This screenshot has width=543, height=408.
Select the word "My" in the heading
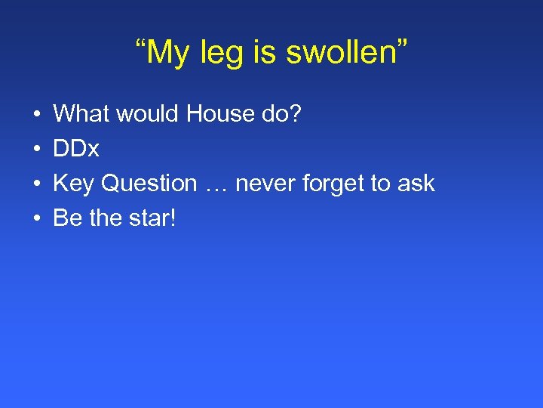click(x=179, y=53)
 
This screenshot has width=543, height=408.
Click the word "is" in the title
click(x=272, y=53)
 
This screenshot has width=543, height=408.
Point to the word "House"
click(x=222, y=114)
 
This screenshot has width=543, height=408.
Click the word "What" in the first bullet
click(x=81, y=114)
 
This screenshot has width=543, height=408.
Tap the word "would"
click(x=148, y=114)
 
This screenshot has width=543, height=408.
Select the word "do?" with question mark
click(x=282, y=114)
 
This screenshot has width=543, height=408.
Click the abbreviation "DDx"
click(x=76, y=149)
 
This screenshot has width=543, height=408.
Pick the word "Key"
click(x=74, y=184)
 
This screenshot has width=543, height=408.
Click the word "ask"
click(x=416, y=184)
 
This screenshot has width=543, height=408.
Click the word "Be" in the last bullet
click(x=67, y=218)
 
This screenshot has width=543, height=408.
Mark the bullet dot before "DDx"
click(x=37, y=150)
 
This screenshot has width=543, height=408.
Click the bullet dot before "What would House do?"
click(x=37, y=115)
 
